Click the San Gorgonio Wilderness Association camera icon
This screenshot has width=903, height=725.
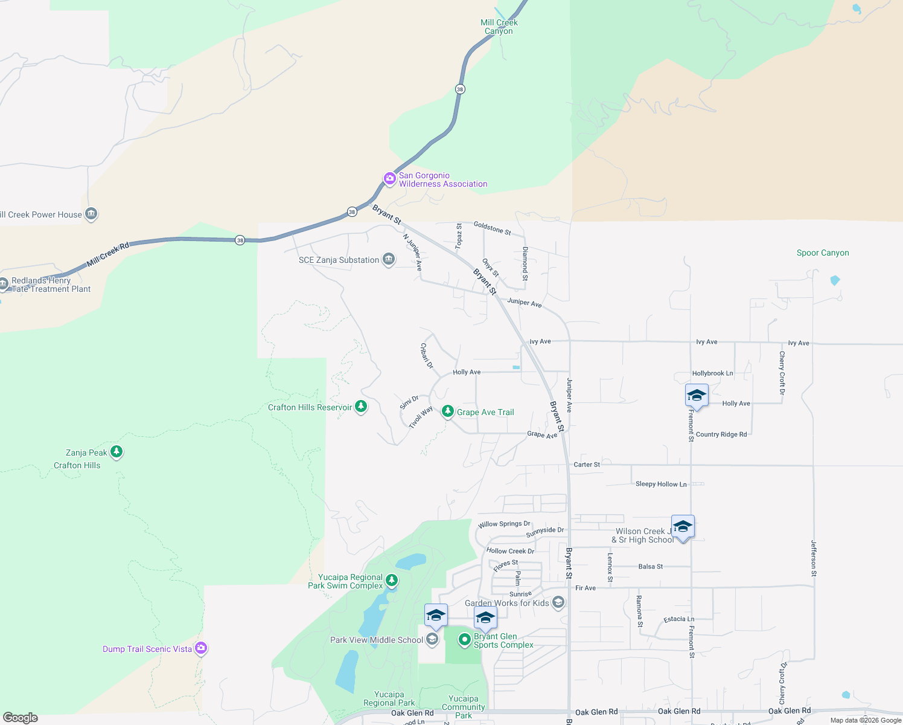390,179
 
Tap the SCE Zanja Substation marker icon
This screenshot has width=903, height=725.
389,260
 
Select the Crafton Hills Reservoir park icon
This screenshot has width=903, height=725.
361,406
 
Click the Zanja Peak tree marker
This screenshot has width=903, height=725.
116,451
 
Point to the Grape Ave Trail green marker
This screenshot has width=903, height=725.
447,411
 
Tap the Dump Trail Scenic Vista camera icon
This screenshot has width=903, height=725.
201,648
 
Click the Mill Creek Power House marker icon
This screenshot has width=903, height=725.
91,214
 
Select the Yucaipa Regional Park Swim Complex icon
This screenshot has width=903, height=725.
392,581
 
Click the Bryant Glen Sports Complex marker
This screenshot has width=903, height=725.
464,639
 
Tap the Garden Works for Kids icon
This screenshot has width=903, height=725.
558,602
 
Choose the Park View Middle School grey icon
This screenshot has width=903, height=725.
432,639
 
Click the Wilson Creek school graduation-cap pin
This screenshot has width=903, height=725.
683,527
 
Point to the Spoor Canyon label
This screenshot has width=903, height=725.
823,253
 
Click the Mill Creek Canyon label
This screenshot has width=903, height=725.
499,27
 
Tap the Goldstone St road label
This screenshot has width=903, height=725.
492,228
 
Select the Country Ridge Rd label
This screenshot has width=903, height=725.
721,434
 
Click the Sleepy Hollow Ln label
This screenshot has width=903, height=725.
661,484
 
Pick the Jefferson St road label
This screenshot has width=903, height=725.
814,558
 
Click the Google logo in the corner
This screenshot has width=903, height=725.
21,717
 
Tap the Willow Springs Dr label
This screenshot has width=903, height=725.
504,524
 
